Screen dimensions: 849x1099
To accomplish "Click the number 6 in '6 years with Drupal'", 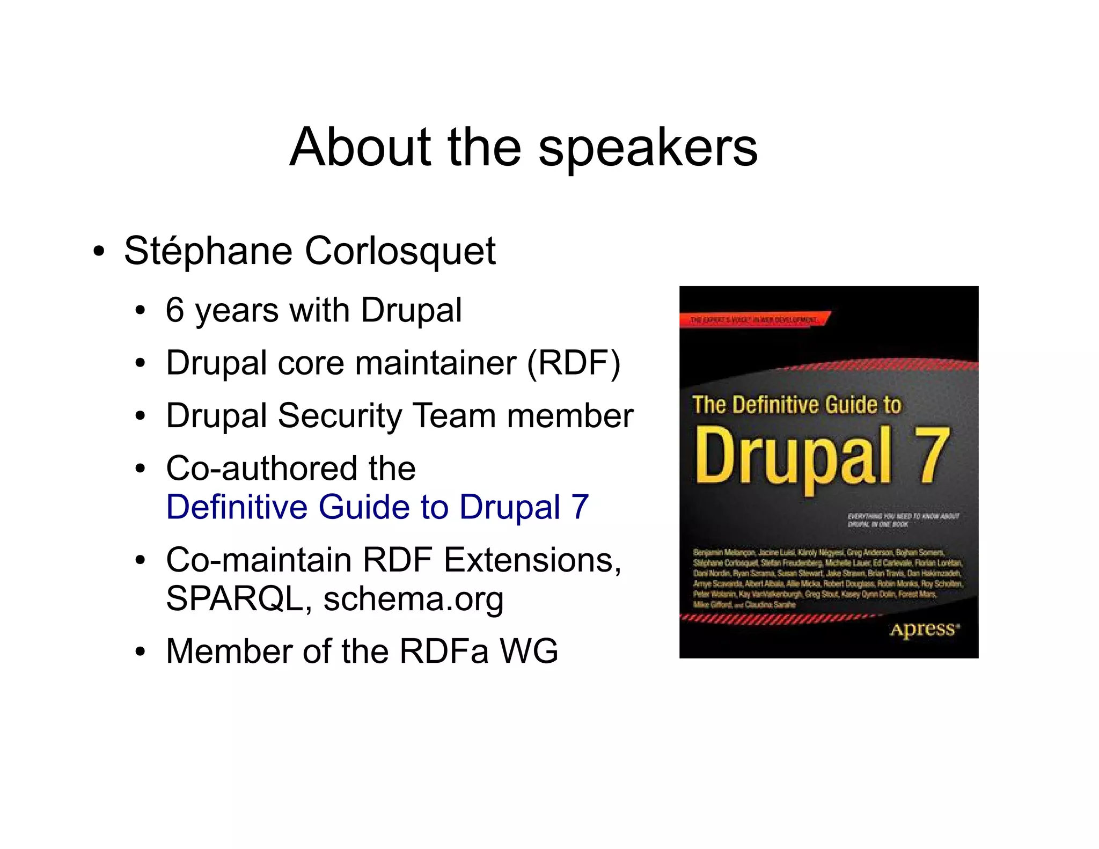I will click(175, 310).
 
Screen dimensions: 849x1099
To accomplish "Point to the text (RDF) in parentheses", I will click(574, 363).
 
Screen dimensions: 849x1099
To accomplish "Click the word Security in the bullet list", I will click(340, 416).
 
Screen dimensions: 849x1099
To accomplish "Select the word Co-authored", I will click(261, 468).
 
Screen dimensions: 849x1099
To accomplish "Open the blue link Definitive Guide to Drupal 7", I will click(377, 507).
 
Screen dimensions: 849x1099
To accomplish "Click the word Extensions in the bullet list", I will click(532, 560).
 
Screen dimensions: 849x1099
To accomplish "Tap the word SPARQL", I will click(235, 598).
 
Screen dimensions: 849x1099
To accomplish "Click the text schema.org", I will click(413, 598).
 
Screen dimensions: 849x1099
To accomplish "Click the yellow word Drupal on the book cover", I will click(794, 456).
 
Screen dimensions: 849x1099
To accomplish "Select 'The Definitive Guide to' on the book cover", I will click(797, 405).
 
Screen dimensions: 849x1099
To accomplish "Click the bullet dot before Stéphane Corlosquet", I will click(98, 252).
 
